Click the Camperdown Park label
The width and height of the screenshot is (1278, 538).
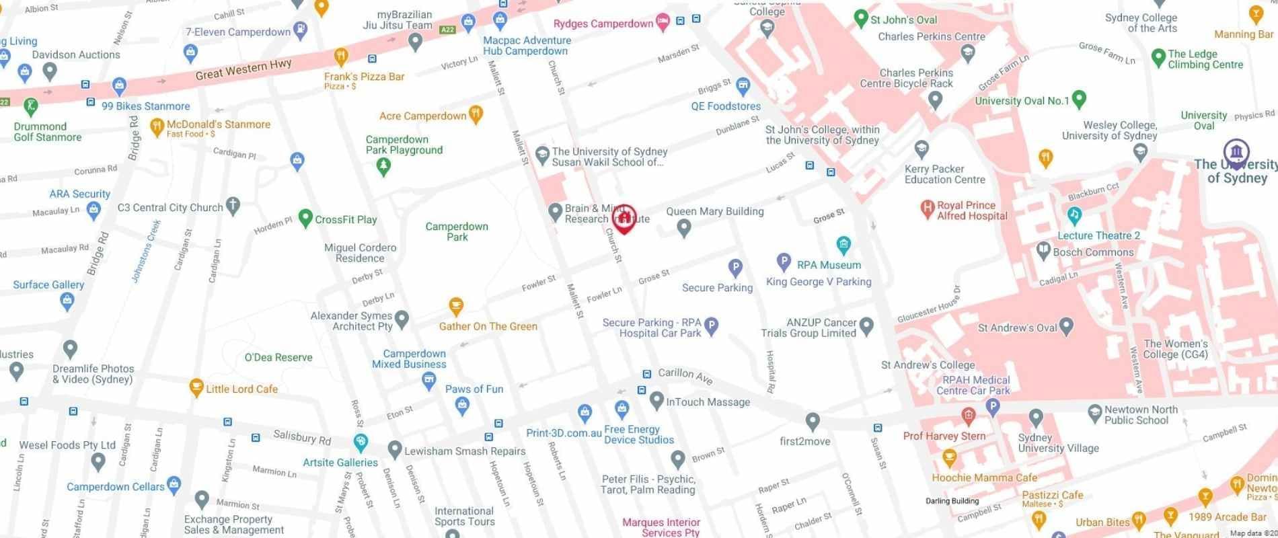click(457, 231)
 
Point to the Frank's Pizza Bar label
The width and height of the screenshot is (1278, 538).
click(364, 77)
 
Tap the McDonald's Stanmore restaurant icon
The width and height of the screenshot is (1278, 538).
click(157, 126)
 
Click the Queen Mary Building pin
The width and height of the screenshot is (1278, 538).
click(684, 228)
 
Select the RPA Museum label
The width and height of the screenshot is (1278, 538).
click(829, 265)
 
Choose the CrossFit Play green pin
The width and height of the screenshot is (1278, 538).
click(305, 218)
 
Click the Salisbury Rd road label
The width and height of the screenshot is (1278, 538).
click(302, 437)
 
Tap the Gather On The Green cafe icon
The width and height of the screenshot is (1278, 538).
click(456, 307)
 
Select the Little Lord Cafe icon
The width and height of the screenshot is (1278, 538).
click(196, 387)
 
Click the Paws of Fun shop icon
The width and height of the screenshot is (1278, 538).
click(461, 405)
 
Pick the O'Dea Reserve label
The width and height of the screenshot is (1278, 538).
click(278, 357)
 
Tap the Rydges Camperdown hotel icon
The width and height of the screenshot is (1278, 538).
click(663, 22)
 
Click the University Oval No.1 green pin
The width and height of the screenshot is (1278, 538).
click(1079, 100)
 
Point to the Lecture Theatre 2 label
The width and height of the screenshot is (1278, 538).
click(1098, 235)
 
